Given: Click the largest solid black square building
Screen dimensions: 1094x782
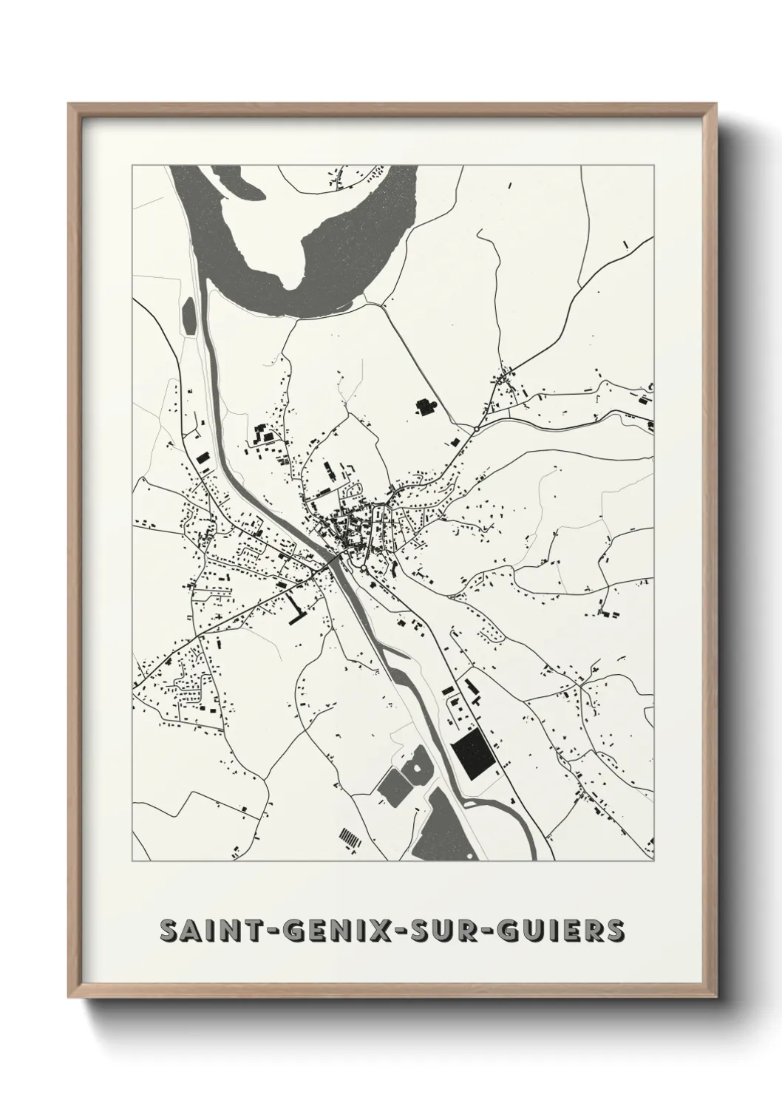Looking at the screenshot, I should pyautogui.click(x=472, y=755).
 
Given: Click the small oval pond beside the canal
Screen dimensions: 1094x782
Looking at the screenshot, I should pyautogui.click(x=188, y=313).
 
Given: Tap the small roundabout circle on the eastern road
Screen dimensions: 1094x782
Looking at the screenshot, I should pyautogui.click(x=477, y=428).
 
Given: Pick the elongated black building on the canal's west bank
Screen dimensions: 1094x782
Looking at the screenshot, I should pyautogui.click(x=202, y=458).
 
